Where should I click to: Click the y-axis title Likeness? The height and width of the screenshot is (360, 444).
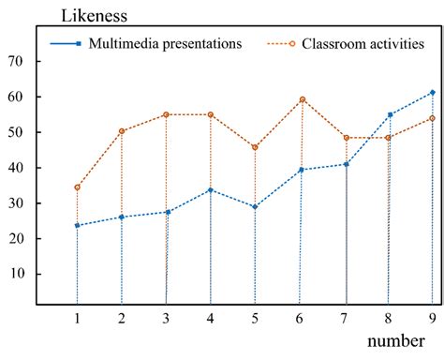pos(95,16)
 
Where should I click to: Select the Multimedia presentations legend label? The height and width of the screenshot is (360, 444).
pos(165,44)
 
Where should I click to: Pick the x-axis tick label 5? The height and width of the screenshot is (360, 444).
pos(255,318)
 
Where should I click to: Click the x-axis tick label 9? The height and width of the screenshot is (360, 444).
pos(432,318)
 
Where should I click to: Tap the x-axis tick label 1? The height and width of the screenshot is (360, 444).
pos(77,318)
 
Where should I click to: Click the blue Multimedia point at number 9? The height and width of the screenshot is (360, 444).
pos(432,92)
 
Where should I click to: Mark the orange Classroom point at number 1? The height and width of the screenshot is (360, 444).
pos(77,187)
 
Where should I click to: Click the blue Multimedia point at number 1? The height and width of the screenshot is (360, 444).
pos(77,225)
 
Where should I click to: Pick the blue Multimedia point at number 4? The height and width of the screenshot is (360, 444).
pos(210,190)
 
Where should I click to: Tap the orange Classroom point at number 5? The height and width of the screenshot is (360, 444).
pos(255,147)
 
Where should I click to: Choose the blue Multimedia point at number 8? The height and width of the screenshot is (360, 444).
pos(389,114)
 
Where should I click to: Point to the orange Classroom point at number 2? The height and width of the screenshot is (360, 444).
pos(121,131)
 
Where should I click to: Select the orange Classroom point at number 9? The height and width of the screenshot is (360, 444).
pos(432,118)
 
